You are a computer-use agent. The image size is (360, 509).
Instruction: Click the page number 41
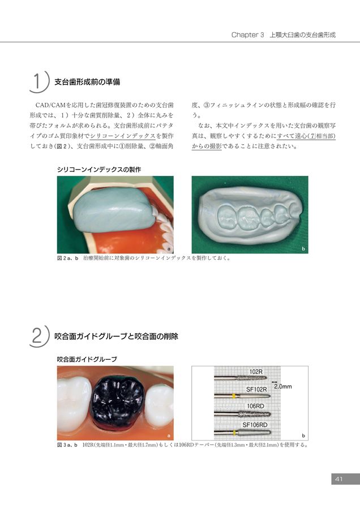(x=339, y=479)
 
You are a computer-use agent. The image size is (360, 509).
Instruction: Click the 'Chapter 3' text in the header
(x=247, y=34)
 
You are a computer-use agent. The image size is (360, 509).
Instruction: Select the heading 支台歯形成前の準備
(x=87, y=82)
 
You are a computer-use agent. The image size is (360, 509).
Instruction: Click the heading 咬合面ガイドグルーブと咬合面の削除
(x=116, y=337)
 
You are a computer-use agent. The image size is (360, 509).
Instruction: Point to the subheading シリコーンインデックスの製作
(x=98, y=170)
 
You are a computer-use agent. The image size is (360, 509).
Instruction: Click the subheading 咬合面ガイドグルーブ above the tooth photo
(x=87, y=359)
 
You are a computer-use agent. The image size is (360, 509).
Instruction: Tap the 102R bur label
(x=256, y=372)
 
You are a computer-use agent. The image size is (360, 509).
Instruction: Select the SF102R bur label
(x=256, y=389)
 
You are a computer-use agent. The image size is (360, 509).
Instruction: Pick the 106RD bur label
(x=255, y=406)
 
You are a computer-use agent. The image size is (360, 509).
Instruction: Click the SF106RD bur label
(x=255, y=425)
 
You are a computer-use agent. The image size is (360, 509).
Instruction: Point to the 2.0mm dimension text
(x=282, y=386)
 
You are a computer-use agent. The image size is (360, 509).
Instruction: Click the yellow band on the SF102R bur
(x=233, y=396)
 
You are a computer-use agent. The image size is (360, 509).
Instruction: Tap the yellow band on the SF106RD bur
(x=234, y=433)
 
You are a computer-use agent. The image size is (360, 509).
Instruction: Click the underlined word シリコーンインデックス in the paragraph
(x=122, y=136)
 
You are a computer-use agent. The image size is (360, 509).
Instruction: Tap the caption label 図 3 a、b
(x=67, y=445)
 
